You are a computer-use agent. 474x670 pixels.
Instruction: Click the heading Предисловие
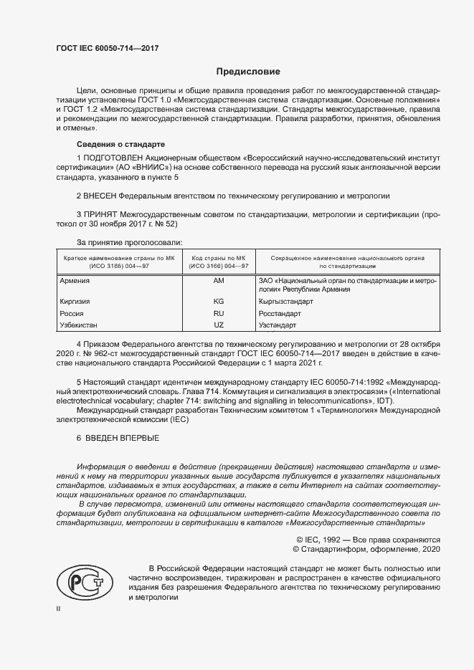(x=249, y=72)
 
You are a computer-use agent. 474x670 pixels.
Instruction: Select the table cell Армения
(x=74, y=282)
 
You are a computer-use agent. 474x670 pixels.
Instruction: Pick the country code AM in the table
(x=219, y=282)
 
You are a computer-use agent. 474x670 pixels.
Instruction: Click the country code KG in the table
(x=219, y=302)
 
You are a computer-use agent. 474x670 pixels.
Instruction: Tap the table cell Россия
(x=71, y=313)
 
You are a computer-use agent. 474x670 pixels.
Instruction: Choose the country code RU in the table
(x=219, y=313)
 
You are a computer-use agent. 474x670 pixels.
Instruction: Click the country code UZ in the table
(x=219, y=325)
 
